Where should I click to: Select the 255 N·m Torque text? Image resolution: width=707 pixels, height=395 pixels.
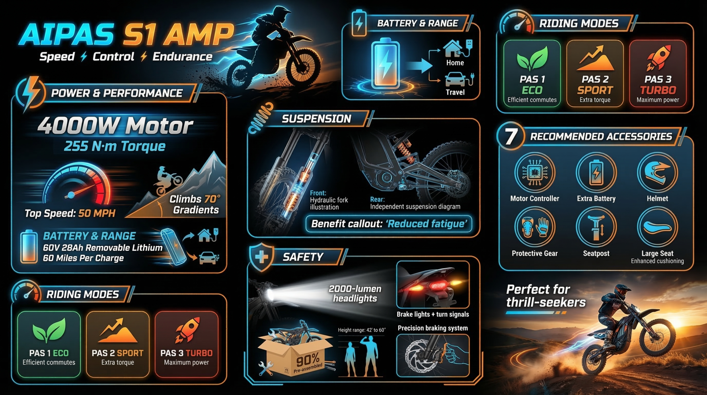[x=115, y=146]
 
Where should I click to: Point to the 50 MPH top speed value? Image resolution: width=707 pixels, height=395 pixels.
[x=97, y=213]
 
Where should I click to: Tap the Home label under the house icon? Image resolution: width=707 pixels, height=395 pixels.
[x=455, y=63]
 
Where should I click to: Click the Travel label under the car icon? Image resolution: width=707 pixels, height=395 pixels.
[x=455, y=92]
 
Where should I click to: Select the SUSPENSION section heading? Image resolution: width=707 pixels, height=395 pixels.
[x=316, y=119]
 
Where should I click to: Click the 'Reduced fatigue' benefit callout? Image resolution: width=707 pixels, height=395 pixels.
[x=389, y=223]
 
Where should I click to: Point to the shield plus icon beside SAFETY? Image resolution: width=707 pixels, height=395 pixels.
[x=261, y=257]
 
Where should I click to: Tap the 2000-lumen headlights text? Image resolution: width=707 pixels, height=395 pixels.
[x=355, y=294]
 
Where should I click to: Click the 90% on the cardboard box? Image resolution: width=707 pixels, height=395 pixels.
[x=308, y=360]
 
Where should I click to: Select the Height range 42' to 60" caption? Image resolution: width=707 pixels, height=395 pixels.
[x=362, y=330]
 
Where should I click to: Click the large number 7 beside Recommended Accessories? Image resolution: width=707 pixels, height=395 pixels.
[x=511, y=136]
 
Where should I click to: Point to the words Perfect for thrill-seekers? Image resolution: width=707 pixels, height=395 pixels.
[x=545, y=296]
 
